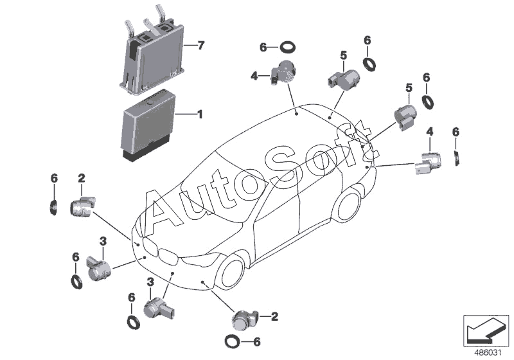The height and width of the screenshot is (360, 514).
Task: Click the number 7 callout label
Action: [x=200, y=45]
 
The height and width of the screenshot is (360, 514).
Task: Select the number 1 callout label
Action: [x=200, y=115]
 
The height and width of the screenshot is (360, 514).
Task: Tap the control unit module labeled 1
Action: [x=148, y=125]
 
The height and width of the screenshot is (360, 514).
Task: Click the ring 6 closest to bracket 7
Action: [x=287, y=47]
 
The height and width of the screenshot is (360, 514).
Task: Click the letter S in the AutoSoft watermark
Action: [x=276, y=163]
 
